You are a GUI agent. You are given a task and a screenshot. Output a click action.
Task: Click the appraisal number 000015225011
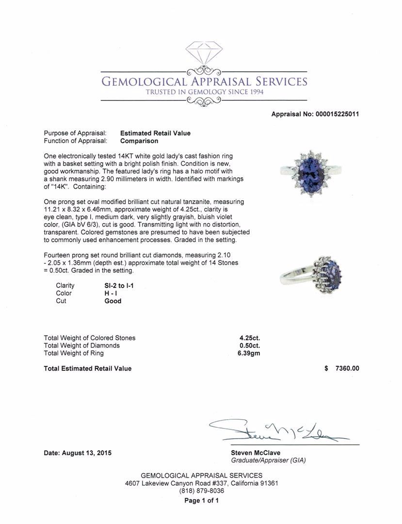tap(337, 115)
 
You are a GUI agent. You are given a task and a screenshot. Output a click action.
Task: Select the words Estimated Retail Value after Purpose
tap(155, 133)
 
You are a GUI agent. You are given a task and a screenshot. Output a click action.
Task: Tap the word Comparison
tap(139, 141)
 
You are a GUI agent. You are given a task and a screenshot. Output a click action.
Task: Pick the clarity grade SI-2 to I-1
tap(119, 286)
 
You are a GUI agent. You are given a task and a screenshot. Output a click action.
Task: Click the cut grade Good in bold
tap(113, 301)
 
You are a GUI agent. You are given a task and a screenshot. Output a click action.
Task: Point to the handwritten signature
tap(279, 429)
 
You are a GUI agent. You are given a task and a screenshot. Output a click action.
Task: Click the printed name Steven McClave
tap(255, 453)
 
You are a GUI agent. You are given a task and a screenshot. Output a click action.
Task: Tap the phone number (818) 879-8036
tap(201, 491)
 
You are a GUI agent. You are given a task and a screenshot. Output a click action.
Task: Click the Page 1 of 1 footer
tap(201, 501)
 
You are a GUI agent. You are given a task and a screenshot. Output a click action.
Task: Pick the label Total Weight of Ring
tap(74, 354)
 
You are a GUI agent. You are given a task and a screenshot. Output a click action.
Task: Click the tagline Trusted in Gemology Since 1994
tap(204, 92)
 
